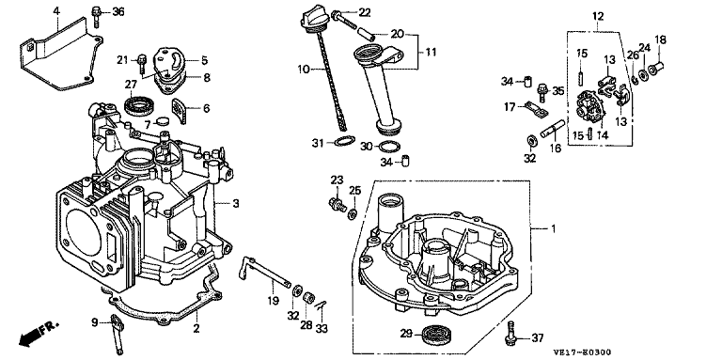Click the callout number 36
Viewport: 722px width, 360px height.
tap(118, 12)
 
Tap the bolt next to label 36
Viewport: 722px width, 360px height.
tap(97, 16)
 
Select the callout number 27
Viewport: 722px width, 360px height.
tap(131, 84)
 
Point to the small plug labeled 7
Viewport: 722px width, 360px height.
tap(163, 121)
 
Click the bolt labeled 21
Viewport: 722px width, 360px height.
tap(142, 65)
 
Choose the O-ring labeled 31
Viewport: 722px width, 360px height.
tap(344, 142)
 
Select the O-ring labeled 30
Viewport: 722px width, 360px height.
tap(389, 147)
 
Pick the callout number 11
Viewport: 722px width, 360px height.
tap(430, 52)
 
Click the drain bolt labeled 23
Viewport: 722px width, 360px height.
tap(338, 204)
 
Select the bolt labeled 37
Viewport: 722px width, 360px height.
tap(510, 333)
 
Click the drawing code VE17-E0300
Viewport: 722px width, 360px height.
tap(582, 352)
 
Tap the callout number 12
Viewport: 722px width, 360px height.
tap(598, 17)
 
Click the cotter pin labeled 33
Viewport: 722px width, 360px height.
tap(322, 305)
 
